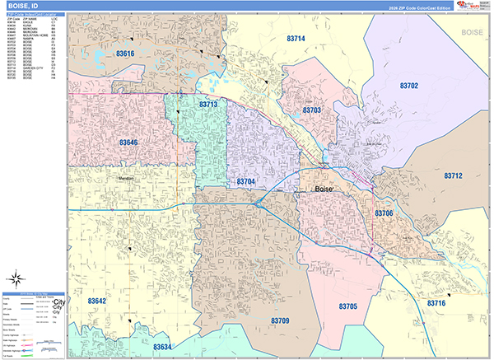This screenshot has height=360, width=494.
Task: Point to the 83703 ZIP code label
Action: (311, 110)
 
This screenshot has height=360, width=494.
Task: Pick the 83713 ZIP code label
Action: (207, 105)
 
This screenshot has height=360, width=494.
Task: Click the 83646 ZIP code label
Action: (128, 143)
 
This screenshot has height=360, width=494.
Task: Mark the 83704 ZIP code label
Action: (245, 180)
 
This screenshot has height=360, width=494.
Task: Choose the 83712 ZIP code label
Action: (453, 175)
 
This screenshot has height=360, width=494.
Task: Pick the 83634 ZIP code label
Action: (162, 347)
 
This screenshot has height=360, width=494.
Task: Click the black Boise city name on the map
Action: (324, 189)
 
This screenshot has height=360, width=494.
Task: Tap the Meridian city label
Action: (126, 177)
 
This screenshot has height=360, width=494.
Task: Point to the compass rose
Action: (16, 278)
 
